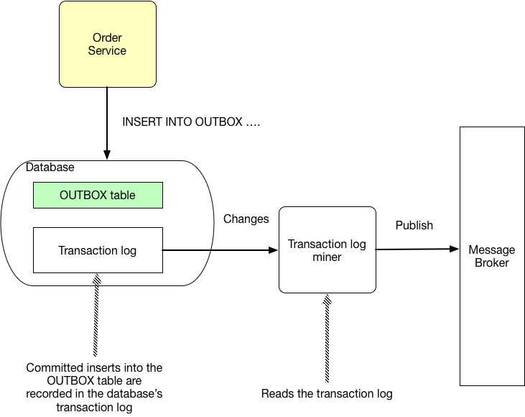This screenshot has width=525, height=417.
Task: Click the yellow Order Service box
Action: click(107, 44)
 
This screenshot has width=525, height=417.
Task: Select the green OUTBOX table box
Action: click(98, 195)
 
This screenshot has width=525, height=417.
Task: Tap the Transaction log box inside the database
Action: click(98, 250)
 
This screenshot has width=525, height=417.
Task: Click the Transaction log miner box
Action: click(327, 249)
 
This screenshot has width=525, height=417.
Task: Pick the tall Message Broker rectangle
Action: click(491, 256)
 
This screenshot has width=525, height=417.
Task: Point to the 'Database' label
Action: click(50, 168)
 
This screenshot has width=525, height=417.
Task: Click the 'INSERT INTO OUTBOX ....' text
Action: click(190, 122)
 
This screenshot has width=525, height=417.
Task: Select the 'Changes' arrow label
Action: click(246, 219)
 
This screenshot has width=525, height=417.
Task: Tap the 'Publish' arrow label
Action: click(414, 225)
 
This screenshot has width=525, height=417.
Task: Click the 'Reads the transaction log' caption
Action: click(327, 393)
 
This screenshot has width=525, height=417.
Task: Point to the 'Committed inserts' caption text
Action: click(94, 387)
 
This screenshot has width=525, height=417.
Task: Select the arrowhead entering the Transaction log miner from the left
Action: click(274, 250)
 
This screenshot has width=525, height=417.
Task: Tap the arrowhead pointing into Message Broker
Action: click(455, 249)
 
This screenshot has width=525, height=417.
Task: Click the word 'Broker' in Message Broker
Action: click(492, 262)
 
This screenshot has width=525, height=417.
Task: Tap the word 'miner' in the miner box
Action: click(327, 257)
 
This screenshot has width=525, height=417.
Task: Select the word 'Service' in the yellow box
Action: click(107, 51)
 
